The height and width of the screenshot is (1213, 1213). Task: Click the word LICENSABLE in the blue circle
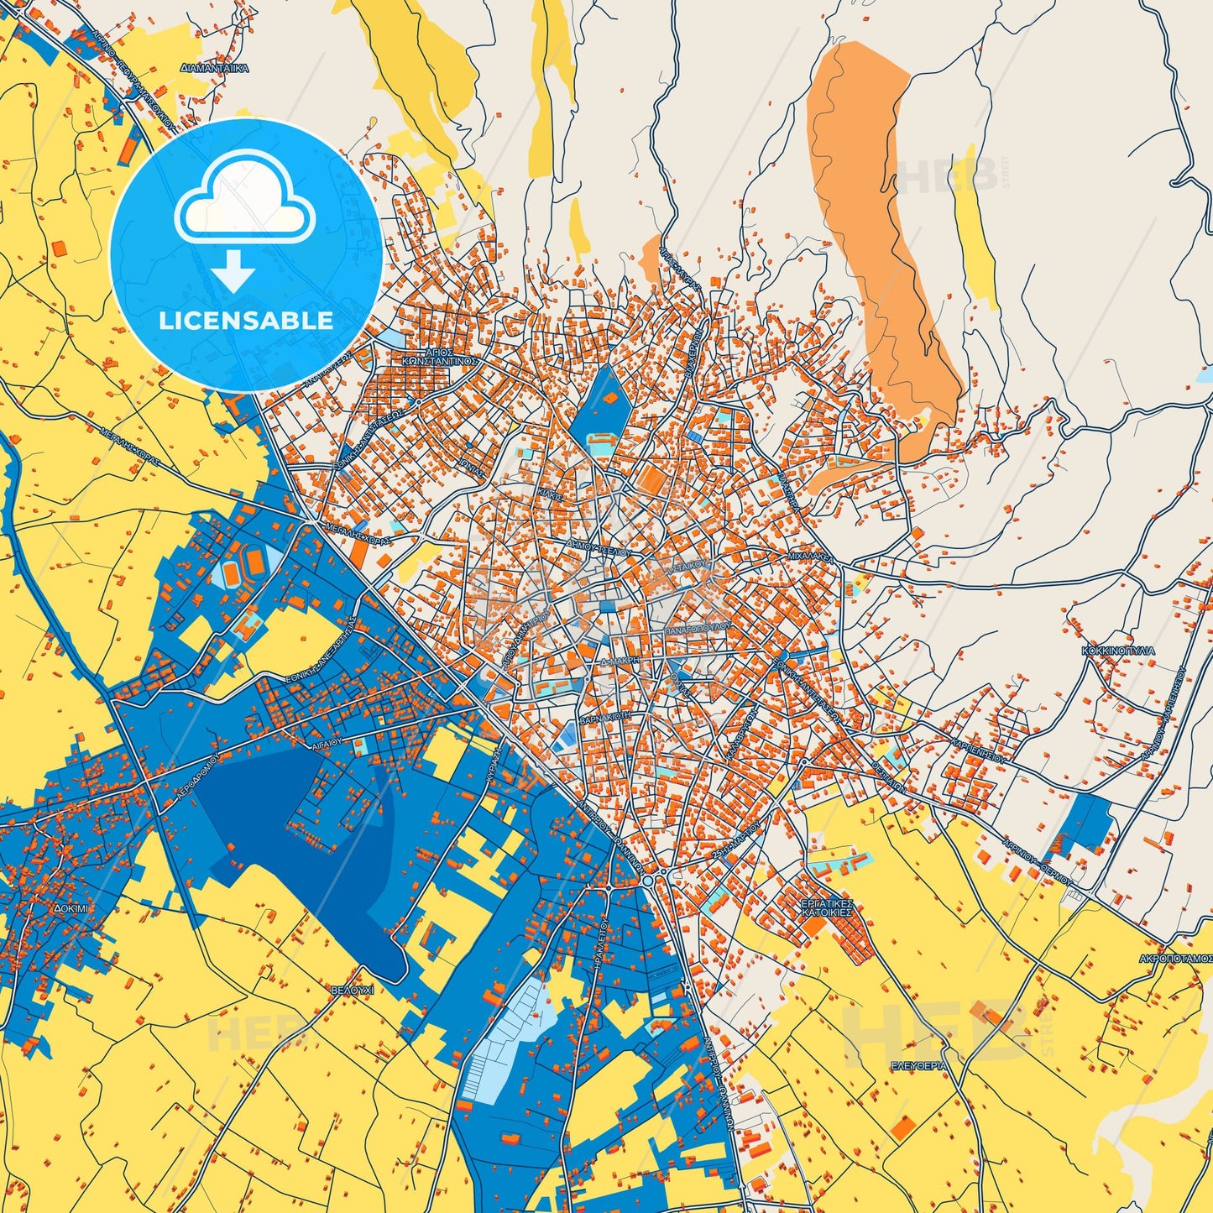click(246, 321)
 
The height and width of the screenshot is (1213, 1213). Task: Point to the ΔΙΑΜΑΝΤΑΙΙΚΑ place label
click(215, 68)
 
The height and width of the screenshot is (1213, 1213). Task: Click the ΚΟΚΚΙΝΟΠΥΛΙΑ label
click(1118, 651)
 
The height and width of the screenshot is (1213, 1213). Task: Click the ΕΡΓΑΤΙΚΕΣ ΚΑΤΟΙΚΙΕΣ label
click(827, 905)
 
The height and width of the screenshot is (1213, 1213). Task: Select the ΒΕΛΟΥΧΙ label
click(351, 991)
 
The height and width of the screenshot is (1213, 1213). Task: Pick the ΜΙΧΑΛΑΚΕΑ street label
click(809, 557)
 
